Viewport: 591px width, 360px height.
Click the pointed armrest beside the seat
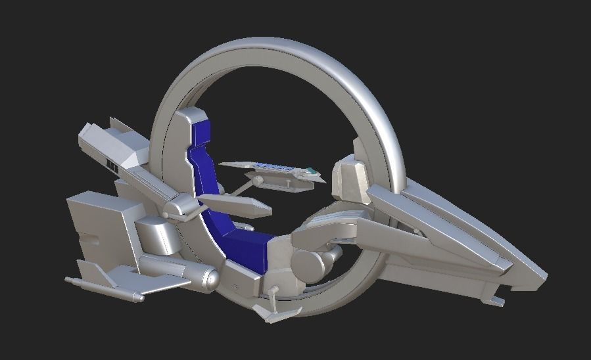[x=237, y=205]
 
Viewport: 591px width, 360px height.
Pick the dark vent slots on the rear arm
[x=112, y=166]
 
